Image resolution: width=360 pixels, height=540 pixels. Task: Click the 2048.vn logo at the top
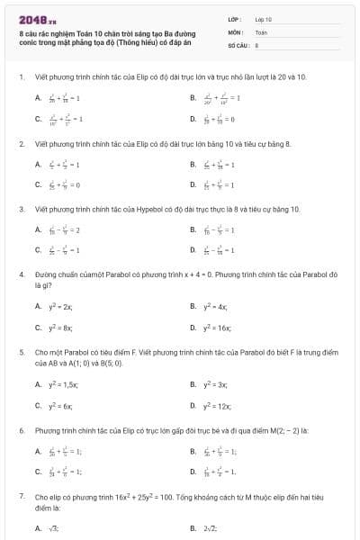coord(31,19)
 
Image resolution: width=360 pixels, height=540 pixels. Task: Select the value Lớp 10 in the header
coord(264,19)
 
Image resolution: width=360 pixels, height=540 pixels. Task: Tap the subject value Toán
coord(261,31)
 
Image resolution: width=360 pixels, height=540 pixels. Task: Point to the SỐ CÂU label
coord(238,44)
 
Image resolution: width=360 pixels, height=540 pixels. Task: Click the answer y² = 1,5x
coord(61,385)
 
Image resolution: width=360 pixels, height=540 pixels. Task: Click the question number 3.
coord(21,209)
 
